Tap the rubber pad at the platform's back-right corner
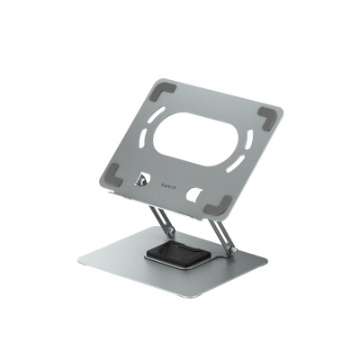tap(267, 116)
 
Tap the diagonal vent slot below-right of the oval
tap(235, 175)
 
